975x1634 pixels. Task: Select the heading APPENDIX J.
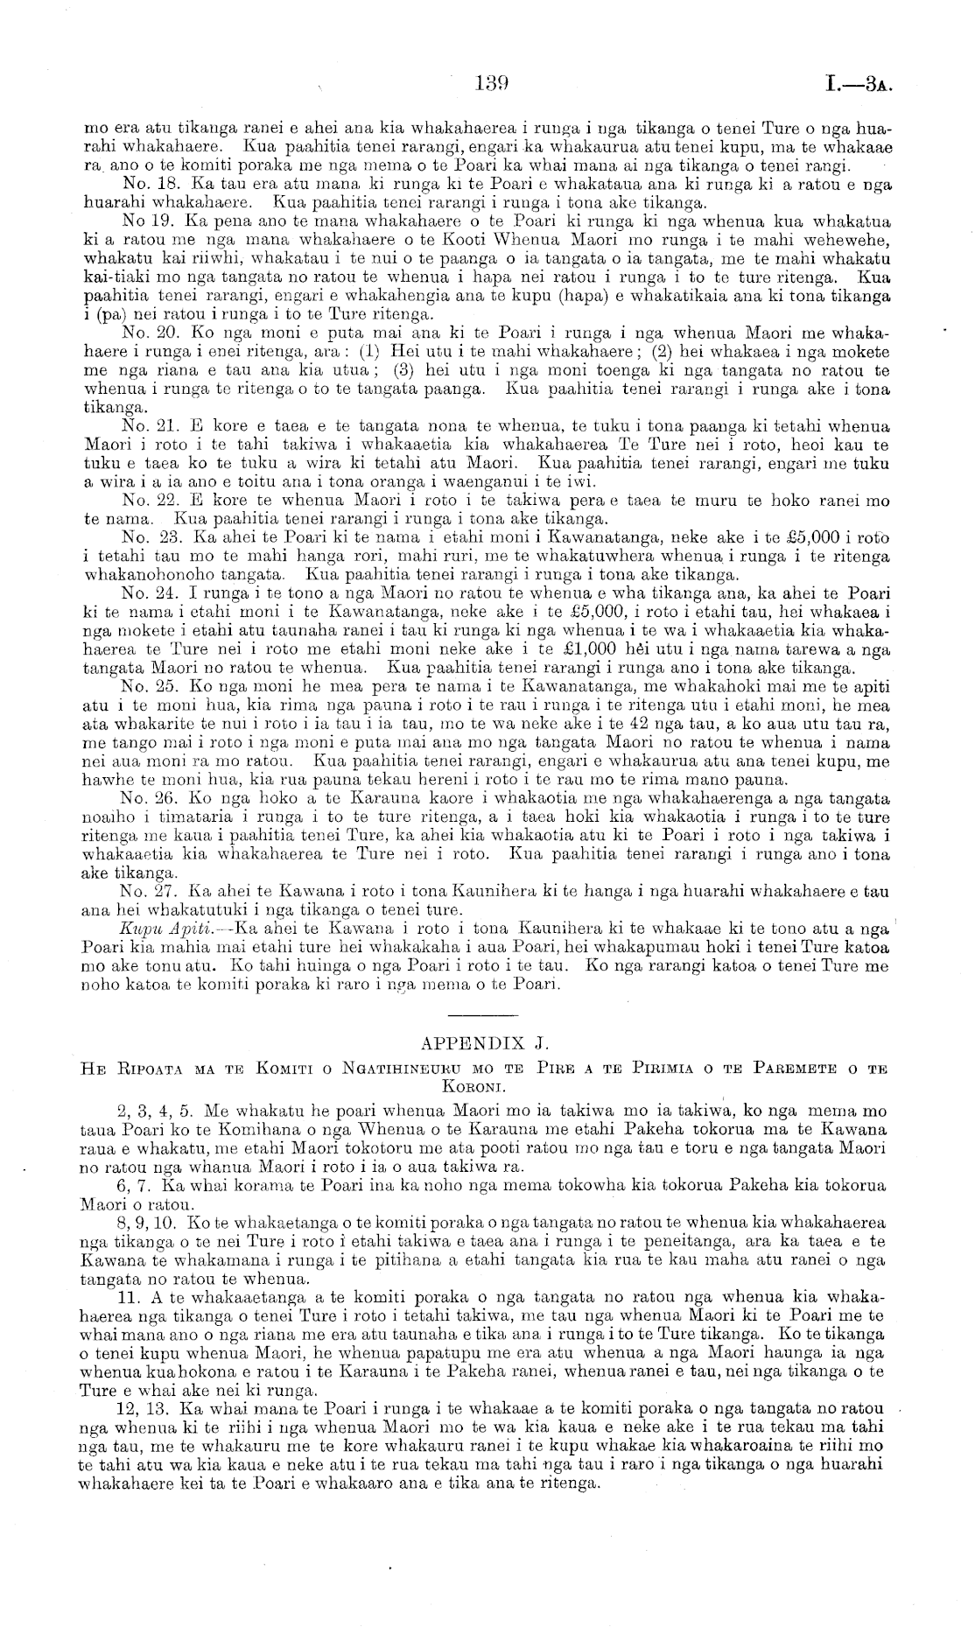click(484, 1042)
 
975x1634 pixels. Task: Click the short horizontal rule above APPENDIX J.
click(484, 1013)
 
